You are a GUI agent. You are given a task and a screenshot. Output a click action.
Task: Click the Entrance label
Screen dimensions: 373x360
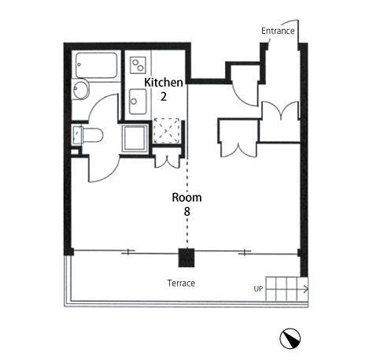pos(278,31)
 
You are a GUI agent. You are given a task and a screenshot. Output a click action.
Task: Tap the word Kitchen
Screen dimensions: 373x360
pos(164,83)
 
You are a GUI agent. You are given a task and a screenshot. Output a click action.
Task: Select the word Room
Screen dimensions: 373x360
pos(186,198)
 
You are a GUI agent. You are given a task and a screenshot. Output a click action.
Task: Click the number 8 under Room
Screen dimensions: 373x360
pos(186,212)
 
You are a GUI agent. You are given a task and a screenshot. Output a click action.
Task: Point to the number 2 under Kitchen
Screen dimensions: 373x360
pos(164,97)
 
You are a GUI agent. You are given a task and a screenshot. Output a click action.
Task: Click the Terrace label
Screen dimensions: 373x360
pos(181,284)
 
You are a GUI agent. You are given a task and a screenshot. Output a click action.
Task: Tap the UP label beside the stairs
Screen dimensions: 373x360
pos(258,289)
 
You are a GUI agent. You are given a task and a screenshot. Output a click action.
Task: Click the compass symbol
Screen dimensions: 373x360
pos(290,338)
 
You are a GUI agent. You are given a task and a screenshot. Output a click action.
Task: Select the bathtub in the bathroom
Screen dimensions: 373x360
pos(96,65)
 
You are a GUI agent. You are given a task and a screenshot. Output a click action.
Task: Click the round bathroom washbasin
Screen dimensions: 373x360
pos(80,89)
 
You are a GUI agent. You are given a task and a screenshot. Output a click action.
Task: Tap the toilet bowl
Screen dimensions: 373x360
pos(93,135)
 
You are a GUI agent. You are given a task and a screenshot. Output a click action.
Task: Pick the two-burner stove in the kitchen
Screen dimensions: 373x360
pos(138,65)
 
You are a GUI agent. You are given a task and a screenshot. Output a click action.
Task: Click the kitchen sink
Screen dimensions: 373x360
pos(138,102)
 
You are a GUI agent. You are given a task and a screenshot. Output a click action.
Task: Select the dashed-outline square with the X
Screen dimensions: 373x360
pos(166,131)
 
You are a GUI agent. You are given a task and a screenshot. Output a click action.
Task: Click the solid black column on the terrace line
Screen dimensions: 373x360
pos(186,258)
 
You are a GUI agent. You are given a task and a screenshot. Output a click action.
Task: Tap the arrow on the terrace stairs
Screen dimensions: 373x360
pos(287,290)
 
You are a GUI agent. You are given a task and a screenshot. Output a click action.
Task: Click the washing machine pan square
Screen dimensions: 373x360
pos(135,139)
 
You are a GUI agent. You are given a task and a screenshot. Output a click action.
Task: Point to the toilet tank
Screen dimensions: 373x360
pos(78,135)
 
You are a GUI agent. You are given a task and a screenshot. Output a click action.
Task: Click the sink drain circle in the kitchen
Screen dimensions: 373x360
pos(134,102)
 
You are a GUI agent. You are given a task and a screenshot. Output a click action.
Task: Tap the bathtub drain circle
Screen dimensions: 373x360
pos(79,65)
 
